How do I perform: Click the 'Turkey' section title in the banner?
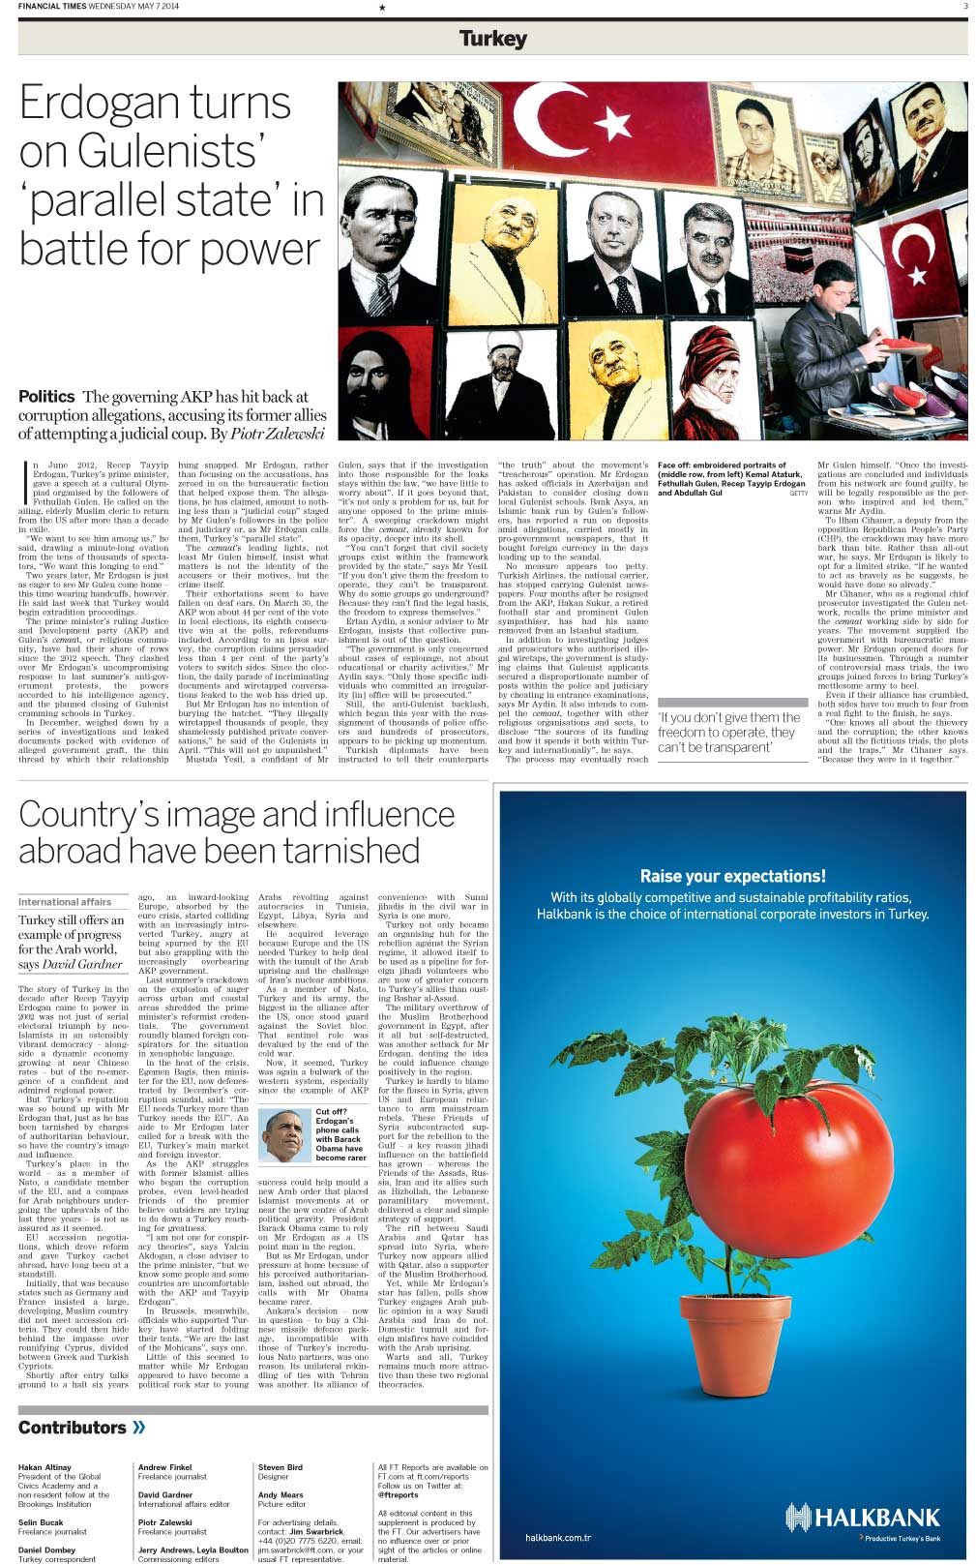[x=493, y=39]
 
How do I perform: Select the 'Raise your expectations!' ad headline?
[x=732, y=876]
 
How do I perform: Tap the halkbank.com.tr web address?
[x=558, y=1538]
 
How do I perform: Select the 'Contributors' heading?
[x=73, y=1428]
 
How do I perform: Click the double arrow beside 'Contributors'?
[x=139, y=1428]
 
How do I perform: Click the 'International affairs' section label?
[x=65, y=901]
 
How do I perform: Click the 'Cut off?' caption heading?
[x=331, y=1112]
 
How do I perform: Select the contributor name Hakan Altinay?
[x=44, y=1467]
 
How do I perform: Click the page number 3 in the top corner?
[x=964, y=7]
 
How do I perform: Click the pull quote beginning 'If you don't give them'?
[x=728, y=732]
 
